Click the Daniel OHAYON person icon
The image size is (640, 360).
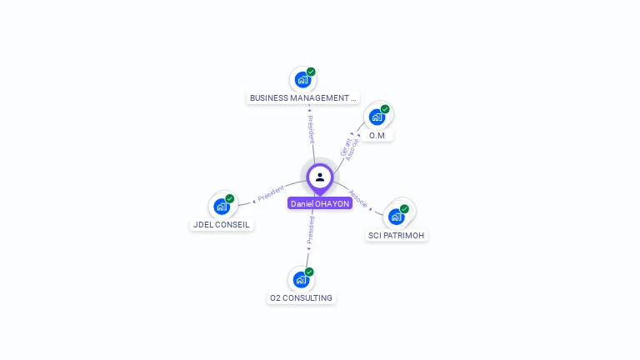(320, 177)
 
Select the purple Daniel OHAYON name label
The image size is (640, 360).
(320, 203)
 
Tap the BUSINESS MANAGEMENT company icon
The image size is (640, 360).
(302, 80)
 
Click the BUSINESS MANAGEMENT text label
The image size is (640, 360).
(303, 98)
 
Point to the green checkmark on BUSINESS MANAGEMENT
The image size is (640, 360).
(311, 72)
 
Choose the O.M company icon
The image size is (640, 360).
(377, 117)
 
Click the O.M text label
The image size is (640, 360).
(377, 135)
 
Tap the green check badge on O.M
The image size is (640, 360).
(385, 109)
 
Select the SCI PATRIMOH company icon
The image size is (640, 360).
(397, 217)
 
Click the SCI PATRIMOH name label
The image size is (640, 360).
(397, 236)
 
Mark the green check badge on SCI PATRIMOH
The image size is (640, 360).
(405, 209)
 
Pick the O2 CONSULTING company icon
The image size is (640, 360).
(301, 280)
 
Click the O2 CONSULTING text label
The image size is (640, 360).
(301, 298)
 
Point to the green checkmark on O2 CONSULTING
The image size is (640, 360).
(309, 272)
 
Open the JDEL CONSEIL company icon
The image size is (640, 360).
(222, 207)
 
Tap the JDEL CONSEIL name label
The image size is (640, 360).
(222, 225)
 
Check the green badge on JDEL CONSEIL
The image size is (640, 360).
(230, 198)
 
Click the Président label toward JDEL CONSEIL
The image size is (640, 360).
(271, 193)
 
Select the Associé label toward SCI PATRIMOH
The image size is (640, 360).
(358, 198)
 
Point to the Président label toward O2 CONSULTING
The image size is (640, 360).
(311, 230)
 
